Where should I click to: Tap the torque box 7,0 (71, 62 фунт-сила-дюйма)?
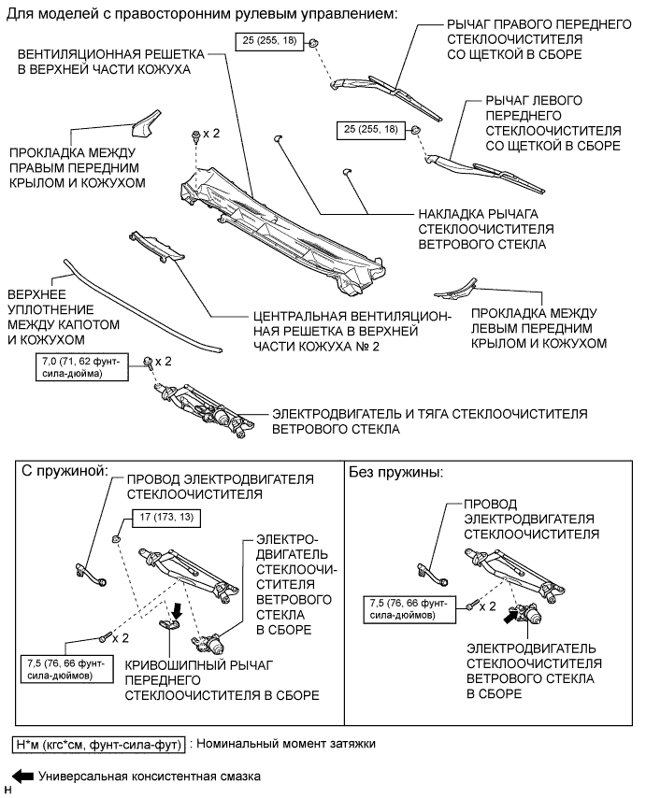tap(82, 367)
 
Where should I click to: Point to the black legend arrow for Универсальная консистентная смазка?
tap(22, 777)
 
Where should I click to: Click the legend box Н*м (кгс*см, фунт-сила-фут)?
tap(99, 745)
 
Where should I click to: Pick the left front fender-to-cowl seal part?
tap(455, 289)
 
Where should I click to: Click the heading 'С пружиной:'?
tap(65, 471)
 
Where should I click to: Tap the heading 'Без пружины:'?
tap(396, 472)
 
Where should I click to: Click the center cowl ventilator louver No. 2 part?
tap(157, 247)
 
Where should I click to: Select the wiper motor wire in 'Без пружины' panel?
tap(432, 574)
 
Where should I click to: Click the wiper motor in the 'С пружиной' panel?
tap(211, 643)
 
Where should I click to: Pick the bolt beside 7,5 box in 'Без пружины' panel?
tap(472, 606)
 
